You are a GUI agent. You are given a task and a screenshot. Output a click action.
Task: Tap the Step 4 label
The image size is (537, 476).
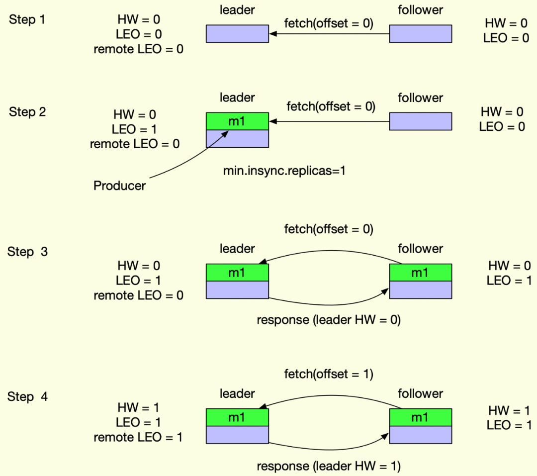(27, 397)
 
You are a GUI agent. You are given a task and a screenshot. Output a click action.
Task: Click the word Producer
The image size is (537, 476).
(119, 186)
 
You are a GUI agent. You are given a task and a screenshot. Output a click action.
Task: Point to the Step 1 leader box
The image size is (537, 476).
(237, 34)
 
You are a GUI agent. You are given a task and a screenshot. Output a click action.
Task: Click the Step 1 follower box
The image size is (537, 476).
(420, 34)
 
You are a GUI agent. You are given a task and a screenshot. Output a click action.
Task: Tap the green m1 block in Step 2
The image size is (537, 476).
(237, 121)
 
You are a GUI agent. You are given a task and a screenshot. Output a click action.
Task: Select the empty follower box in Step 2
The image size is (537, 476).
(420, 121)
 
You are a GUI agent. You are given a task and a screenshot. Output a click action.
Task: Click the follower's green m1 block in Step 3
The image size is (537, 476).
(420, 273)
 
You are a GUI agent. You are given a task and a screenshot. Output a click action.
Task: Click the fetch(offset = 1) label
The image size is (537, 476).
(329, 374)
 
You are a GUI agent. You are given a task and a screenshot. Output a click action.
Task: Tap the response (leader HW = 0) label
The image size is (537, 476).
(329, 320)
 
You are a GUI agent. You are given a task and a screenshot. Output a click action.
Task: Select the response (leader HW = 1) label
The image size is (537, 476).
(329, 466)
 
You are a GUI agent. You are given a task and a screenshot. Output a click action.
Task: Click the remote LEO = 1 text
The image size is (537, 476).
(138, 438)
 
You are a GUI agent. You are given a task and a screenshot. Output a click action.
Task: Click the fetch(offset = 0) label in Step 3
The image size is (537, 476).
(329, 229)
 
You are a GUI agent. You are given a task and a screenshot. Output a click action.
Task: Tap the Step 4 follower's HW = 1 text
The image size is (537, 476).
(509, 410)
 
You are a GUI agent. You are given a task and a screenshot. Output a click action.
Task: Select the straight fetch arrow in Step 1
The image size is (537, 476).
(329, 34)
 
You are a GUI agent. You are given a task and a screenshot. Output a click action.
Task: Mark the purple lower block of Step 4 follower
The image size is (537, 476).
(420, 435)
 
